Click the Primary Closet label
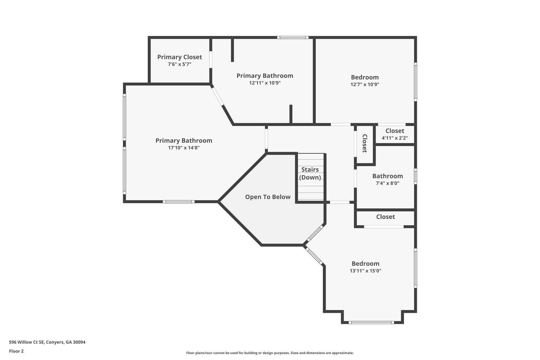point(180,57)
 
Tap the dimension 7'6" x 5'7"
point(180,64)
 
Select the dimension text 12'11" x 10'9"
point(265,83)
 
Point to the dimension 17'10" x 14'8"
point(184,148)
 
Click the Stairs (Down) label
point(310,174)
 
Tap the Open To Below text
point(268,197)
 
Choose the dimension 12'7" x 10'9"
point(365,84)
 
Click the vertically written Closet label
point(365,143)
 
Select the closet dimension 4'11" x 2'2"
point(395,138)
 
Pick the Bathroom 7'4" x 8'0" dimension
point(387,183)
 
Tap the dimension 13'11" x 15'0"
point(365,271)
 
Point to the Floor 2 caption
point(16,351)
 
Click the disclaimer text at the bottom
point(270,353)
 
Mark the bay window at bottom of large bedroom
point(371,322)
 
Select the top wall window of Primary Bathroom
point(293,37)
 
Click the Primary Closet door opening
point(211,60)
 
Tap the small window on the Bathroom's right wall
point(415,176)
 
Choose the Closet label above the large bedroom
point(385,217)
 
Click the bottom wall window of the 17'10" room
point(179,202)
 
